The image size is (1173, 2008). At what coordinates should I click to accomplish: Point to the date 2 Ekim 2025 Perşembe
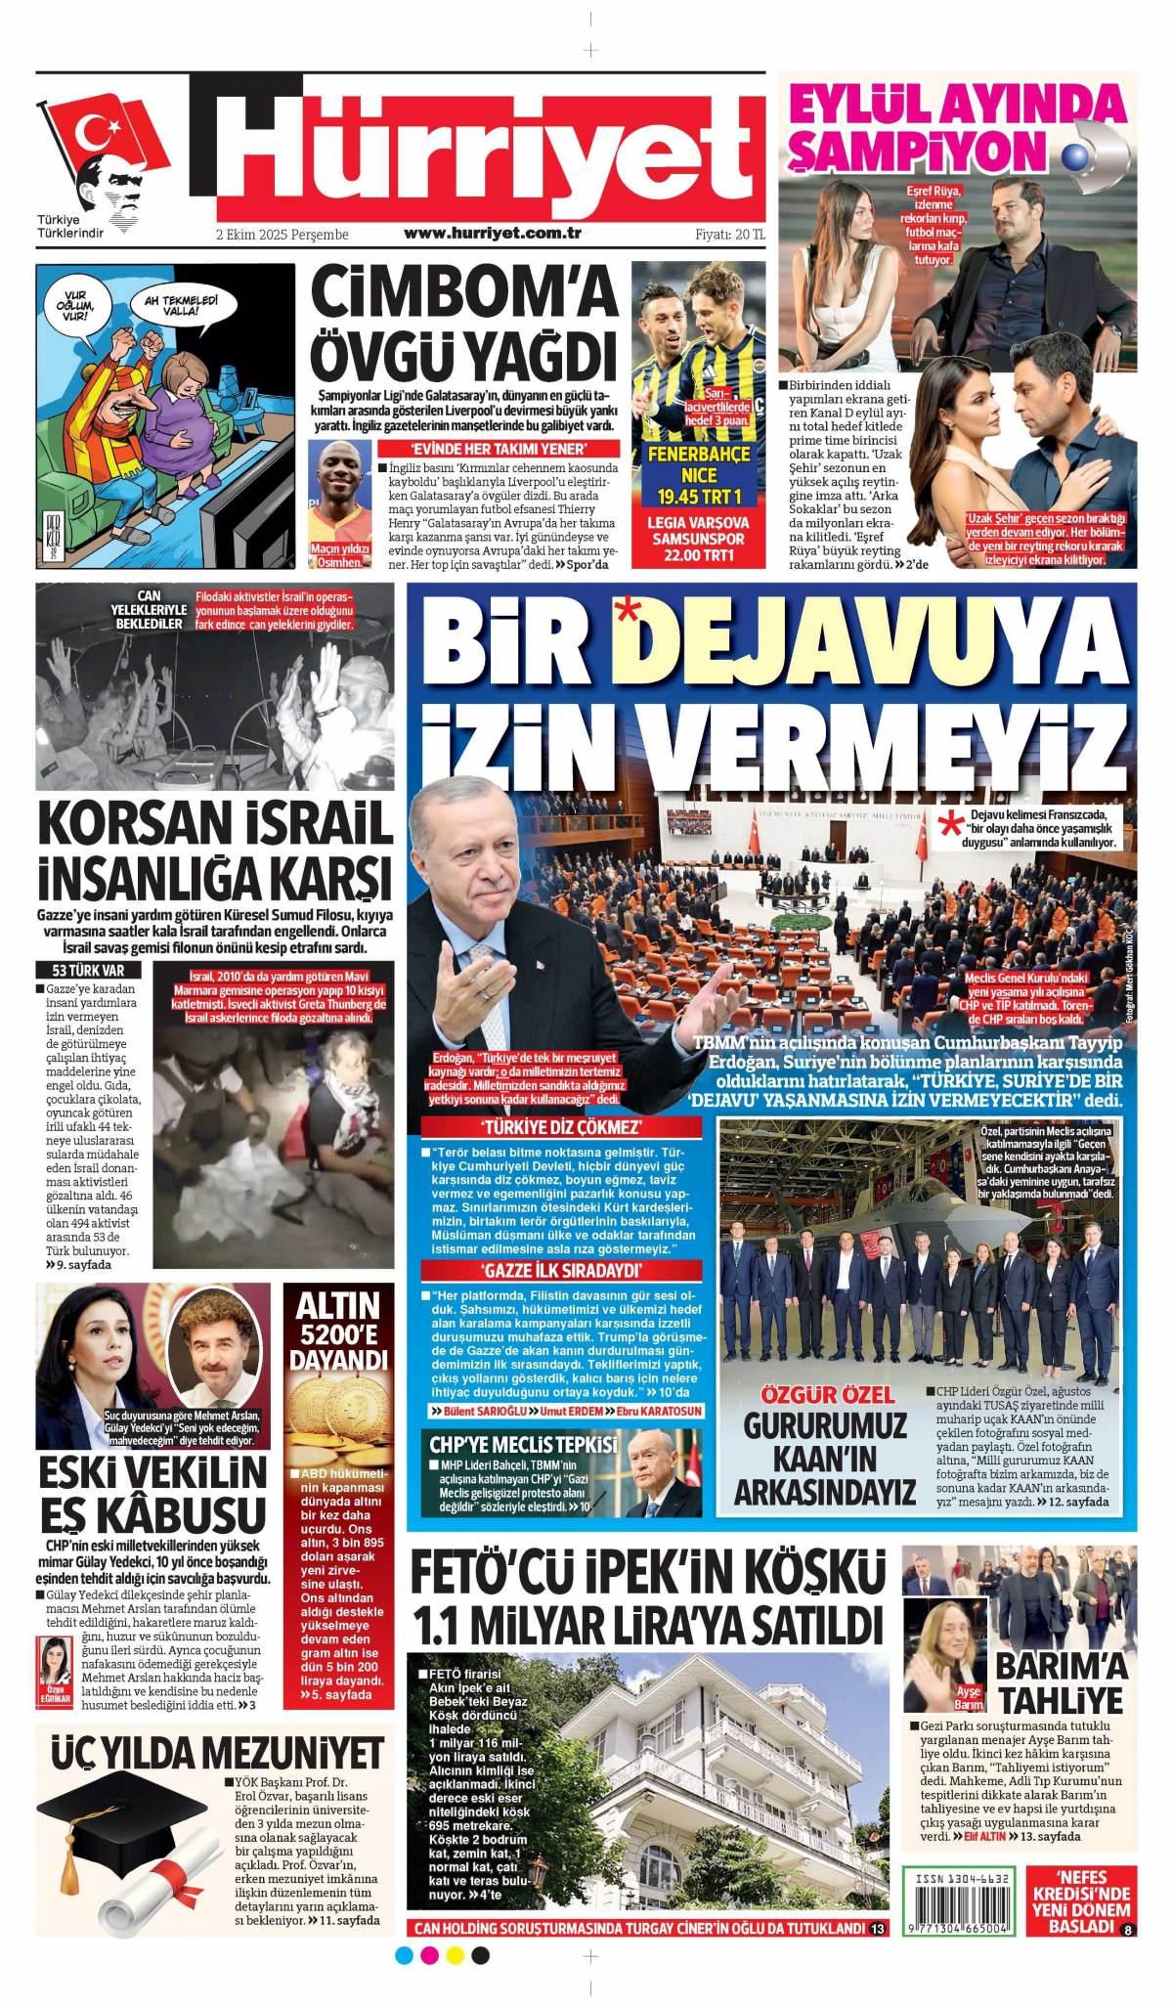point(282,236)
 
